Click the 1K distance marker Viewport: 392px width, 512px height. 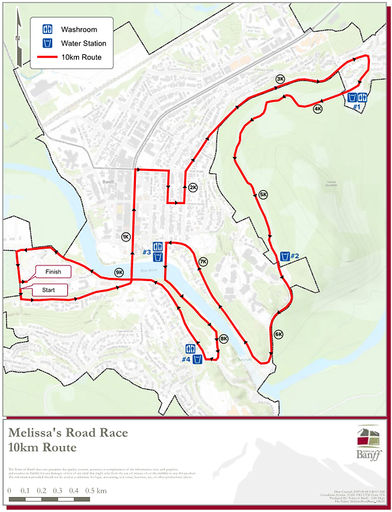[x=125, y=237]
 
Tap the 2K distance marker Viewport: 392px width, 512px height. [x=193, y=187]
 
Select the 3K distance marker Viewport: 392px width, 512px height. [x=280, y=79]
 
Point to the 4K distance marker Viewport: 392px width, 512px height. [x=318, y=109]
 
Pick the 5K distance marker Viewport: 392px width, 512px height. [x=263, y=194]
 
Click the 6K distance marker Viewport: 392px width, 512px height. [x=278, y=335]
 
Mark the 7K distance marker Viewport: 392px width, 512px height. [x=203, y=262]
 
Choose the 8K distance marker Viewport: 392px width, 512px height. [x=223, y=339]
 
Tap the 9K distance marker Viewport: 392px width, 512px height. [x=119, y=272]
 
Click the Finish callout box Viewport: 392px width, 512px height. [x=53, y=272]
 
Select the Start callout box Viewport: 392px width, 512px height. [x=48, y=290]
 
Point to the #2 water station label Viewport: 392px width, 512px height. [x=295, y=256]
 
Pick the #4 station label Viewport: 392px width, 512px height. [x=186, y=359]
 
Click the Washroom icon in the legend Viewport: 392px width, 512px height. [x=47, y=30]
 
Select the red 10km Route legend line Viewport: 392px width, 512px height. [x=47, y=57]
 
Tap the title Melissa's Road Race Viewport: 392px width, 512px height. [x=68, y=432]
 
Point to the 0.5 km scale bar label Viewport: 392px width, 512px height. [x=97, y=490]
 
